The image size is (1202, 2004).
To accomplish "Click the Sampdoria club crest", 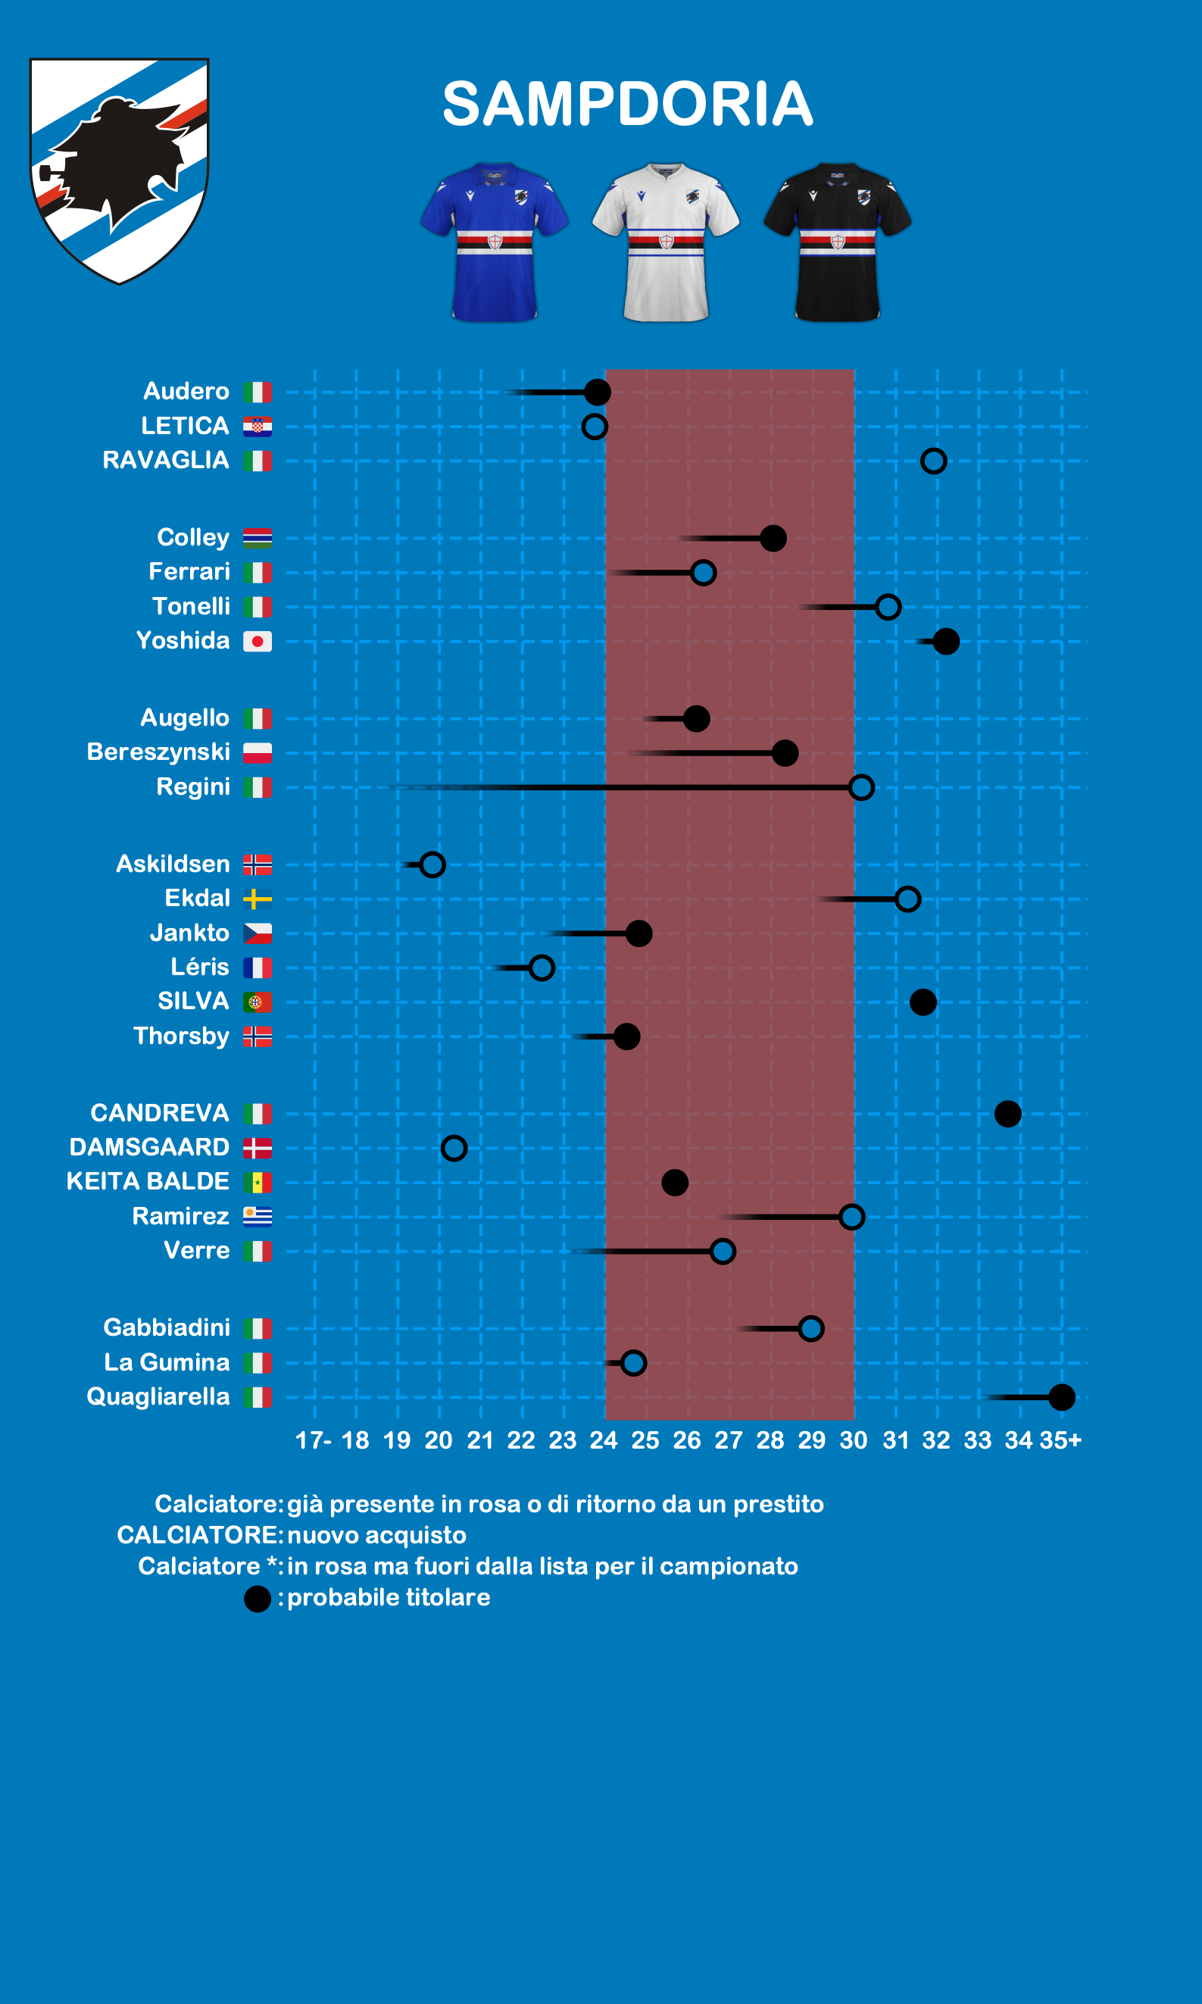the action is (x=119, y=170).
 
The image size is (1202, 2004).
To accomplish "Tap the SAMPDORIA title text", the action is (x=628, y=104).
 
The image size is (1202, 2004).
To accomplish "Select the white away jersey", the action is (x=666, y=242).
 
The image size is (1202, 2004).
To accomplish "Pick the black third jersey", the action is (x=838, y=242).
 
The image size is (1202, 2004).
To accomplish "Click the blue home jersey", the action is (x=494, y=242).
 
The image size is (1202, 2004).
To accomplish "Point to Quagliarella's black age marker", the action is (x=1061, y=1397).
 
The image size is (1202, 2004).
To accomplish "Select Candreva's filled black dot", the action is (x=1007, y=1114).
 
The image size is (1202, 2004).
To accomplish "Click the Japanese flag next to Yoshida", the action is (x=258, y=642).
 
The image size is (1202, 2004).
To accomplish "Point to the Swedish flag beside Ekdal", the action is (x=258, y=899).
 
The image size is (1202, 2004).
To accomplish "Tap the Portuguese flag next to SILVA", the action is (x=258, y=1002).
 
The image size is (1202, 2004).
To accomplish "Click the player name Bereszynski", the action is (x=158, y=752).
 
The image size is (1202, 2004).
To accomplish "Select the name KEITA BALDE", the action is (x=148, y=1181).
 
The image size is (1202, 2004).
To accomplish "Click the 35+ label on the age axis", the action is (x=1061, y=1440).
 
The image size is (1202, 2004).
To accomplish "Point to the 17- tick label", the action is (x=314, y=1440).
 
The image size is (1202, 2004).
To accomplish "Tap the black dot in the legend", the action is (x=258, y=1599).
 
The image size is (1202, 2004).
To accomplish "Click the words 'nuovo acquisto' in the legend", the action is (x=376, y=1535).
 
